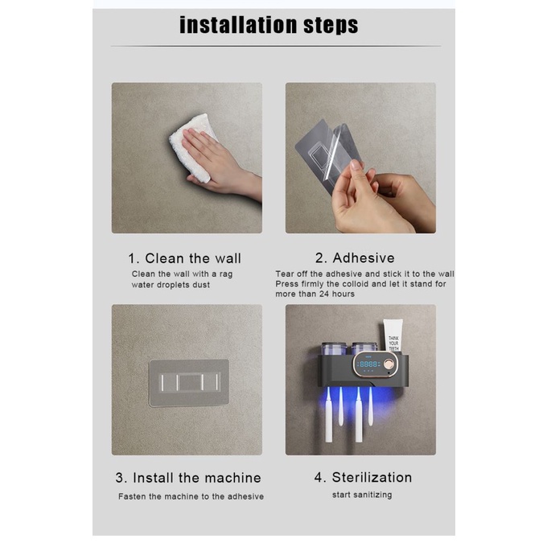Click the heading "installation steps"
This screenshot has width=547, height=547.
[x=269, y=25]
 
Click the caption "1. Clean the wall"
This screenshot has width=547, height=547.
[x=184, y=258]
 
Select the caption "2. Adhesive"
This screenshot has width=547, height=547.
[x=355, y=258]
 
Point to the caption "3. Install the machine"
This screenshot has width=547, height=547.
[x=188, y=478]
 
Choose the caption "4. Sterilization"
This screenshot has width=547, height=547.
[x=363, y=477]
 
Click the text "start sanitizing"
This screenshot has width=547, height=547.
[x=362, y=495]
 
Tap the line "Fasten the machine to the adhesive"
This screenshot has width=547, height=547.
[x=191, y=496]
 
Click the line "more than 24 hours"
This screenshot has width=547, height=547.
[x=315, y=294]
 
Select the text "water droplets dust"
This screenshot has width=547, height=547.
[x=171, y=285]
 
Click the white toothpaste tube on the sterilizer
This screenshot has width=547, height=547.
[x=393, y=335]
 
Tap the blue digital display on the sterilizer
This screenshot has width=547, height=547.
[x=368, y=364]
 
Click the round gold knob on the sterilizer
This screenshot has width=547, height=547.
[x=389, y=364]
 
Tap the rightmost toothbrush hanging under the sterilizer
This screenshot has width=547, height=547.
[x=371, y=405]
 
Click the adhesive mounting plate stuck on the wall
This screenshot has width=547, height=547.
[x=189, y=383]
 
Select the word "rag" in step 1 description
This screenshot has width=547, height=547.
[x=226, y=274]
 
